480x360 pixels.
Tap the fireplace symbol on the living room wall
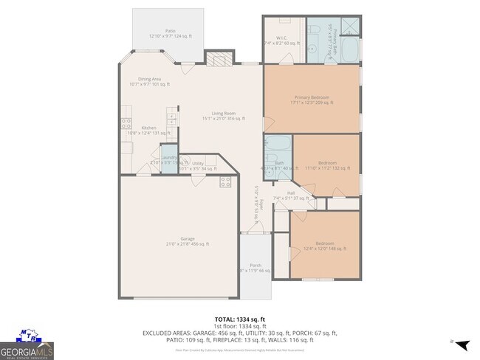click(x=219, y=59)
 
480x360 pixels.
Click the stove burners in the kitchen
click(x=126, y=124)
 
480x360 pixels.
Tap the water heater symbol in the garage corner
click(x=225, y=182)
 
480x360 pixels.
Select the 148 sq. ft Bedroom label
click(x=325, y=246)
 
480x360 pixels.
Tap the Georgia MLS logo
click(x=27, y=346)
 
